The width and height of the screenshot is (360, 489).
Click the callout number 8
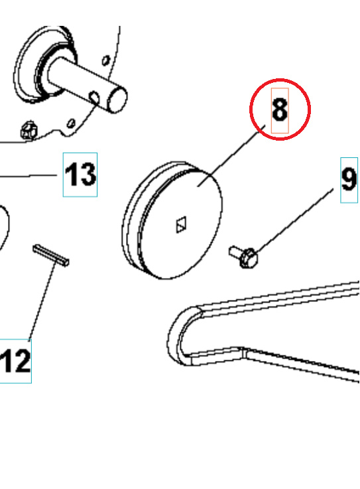pyautogui.click(x=280, y=110)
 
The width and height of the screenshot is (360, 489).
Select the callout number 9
pyautogui.click(x=349, y=178)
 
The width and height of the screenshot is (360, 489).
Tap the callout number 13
pyautogui.click(x=80, y=175)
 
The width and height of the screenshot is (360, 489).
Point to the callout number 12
pyautogui.click(x=16, y=362)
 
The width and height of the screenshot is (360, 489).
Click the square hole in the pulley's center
pyautogui.click(x=181, y=226)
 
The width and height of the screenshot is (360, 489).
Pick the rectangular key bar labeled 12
pyautogui.click(x=51, y=255)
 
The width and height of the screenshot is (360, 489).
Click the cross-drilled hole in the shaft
pyautogui.click(x=95, y=98)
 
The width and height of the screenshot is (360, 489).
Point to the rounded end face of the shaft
pyautogui.click(x=117, y=100)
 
